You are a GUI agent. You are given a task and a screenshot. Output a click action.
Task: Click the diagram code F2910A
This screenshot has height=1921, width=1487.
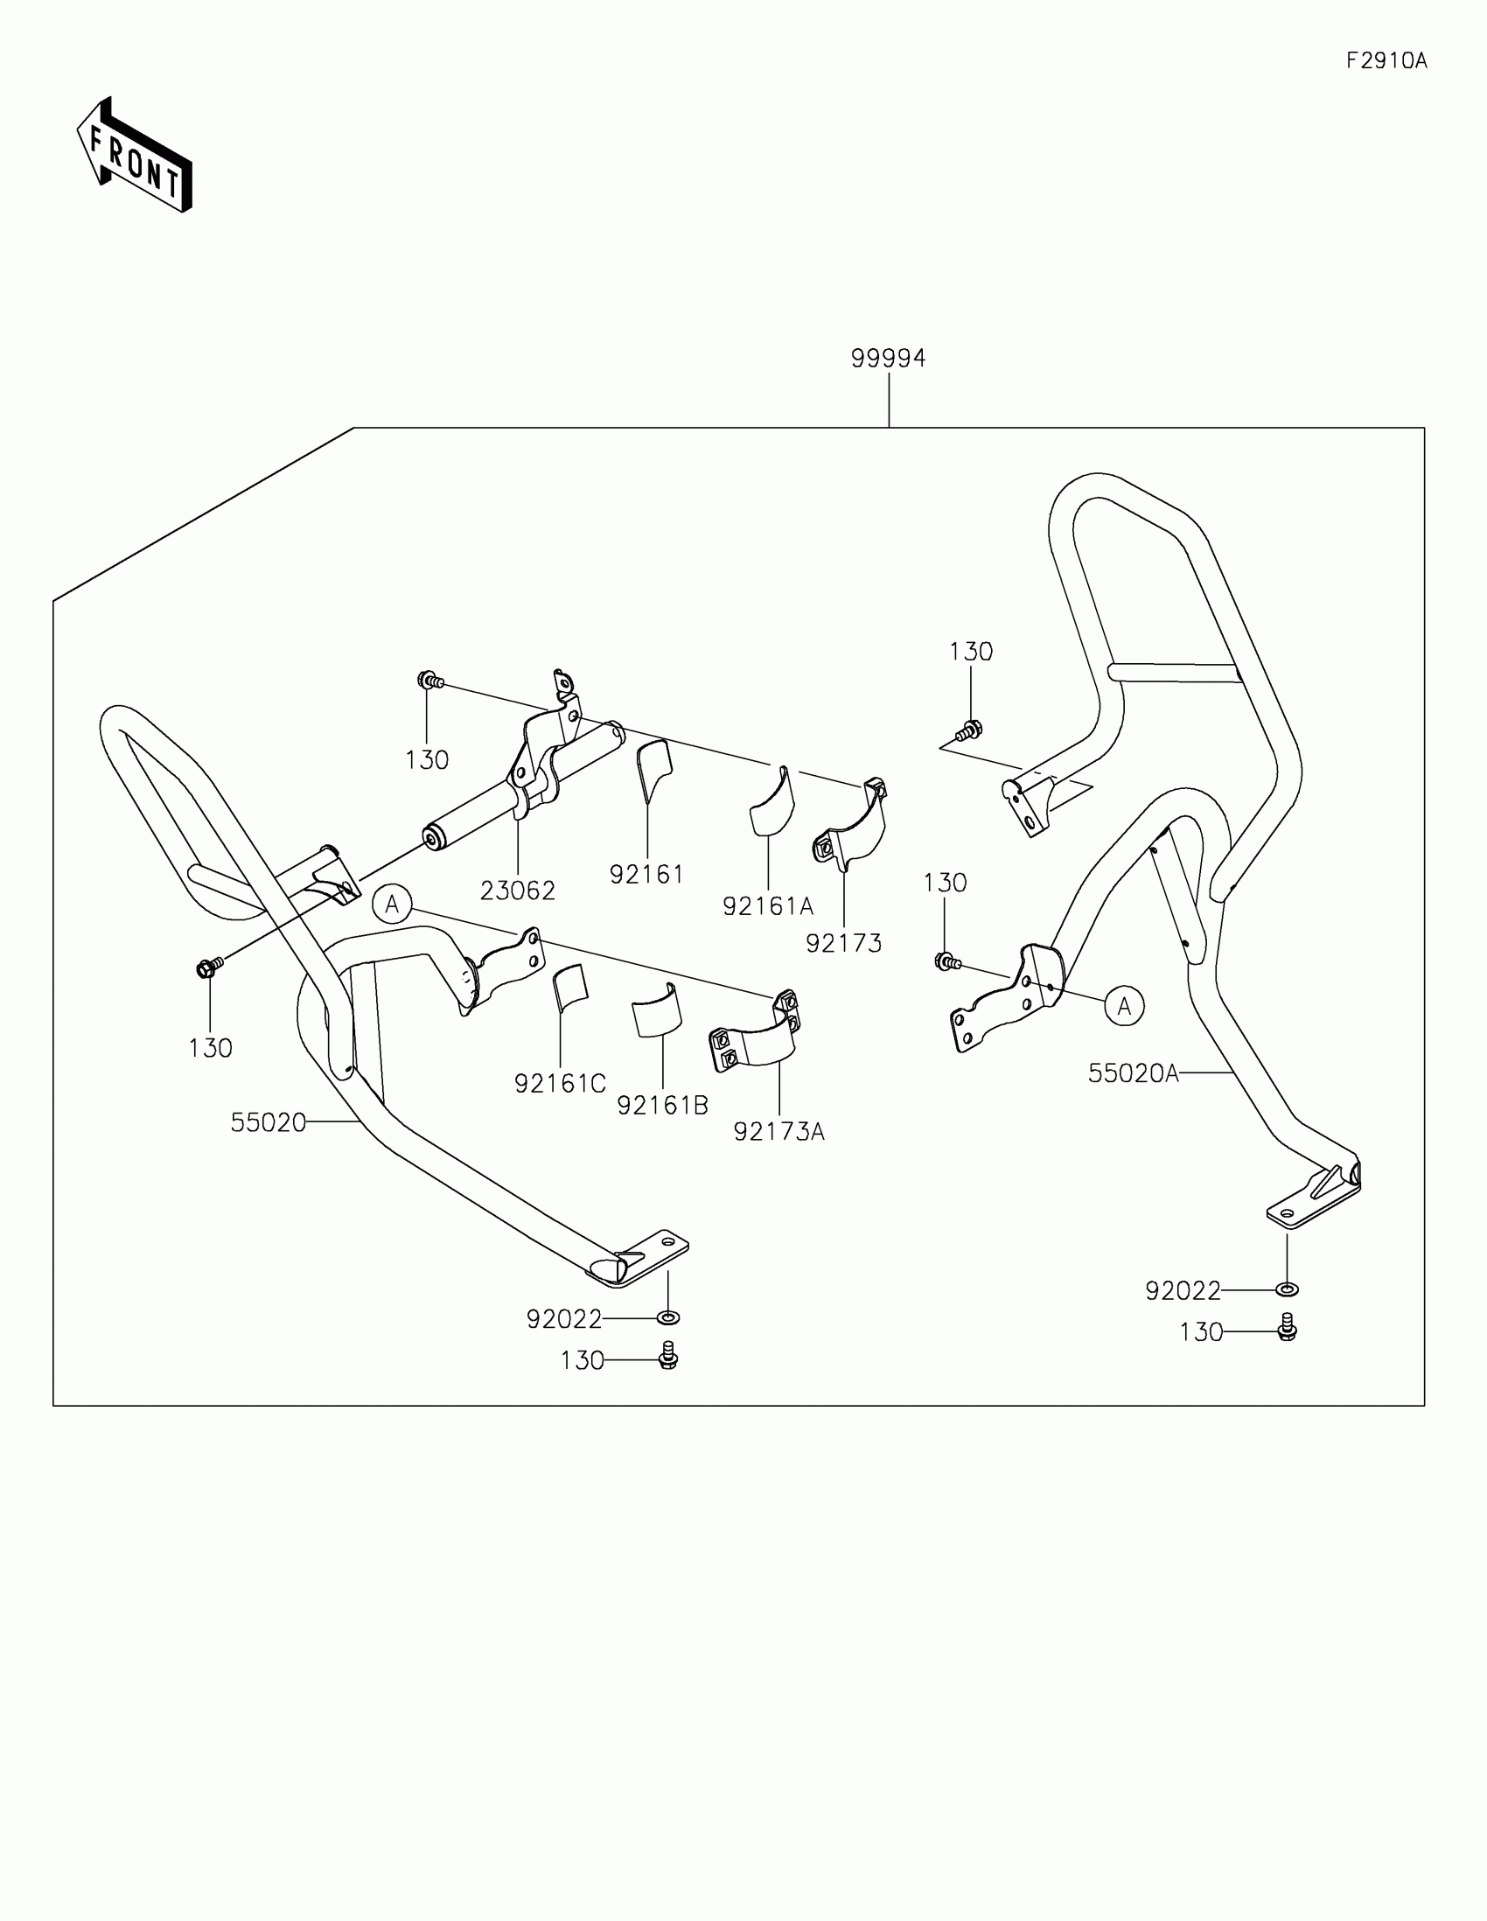(x=1386, y=60)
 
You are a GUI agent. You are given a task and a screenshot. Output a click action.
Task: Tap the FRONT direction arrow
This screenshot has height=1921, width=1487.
(x=135, y=155)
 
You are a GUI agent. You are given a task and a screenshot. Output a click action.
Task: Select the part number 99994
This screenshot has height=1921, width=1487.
(x=888, y=359)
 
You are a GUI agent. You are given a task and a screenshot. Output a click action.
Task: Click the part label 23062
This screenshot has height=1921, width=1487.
(x=518, y=891)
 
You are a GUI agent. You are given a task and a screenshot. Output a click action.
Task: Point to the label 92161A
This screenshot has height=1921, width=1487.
(x=768, y=906)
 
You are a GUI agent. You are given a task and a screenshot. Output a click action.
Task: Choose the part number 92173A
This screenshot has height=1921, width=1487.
(x=779, y=1132)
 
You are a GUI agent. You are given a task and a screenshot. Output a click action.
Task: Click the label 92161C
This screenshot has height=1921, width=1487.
(x=560, y=1085)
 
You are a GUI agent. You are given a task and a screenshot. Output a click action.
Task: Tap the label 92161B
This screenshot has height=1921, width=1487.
(x=662, y=1106)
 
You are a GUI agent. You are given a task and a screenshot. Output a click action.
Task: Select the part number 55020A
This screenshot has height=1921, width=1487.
(x=1133, y=1073)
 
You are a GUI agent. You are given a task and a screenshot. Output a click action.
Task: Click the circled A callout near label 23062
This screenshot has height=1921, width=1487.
(x=392, y=905)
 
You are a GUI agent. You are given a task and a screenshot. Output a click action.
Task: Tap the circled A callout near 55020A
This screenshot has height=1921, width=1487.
(x=1124, y=1005)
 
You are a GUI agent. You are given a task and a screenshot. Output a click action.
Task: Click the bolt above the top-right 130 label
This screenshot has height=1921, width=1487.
(x=968, y=730)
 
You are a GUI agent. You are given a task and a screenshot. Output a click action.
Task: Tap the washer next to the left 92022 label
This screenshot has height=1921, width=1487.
(x=667, y=1317)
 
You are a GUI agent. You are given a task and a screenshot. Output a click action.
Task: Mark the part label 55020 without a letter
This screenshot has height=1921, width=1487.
(x=269, y=1123)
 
